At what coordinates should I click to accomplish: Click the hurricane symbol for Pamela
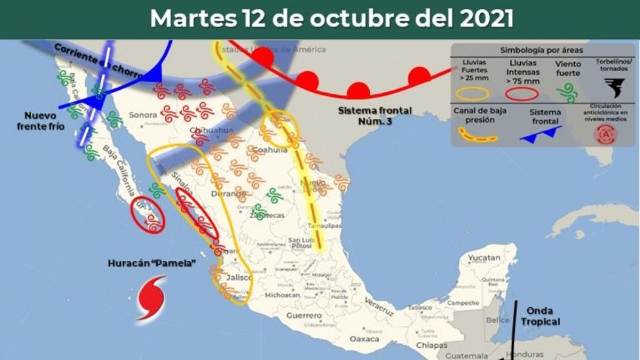click(x=152, y=297)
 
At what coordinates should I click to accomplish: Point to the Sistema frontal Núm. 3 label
click(x=376, y=115)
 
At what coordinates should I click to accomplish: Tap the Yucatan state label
click(x=484, y=258)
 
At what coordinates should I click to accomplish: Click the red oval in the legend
click(x=521, y=94)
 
